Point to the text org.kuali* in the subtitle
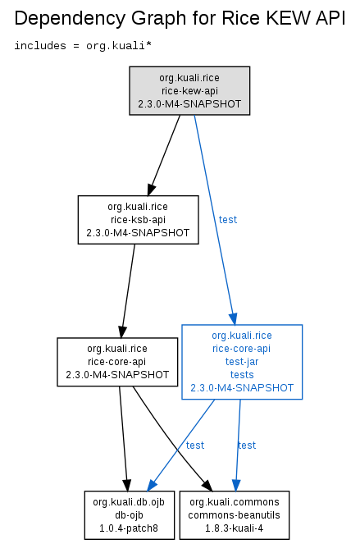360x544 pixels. point(119,46)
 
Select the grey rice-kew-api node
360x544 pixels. point(189,90)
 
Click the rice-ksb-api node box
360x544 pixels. point(138,220)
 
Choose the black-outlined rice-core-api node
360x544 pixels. point(117,362)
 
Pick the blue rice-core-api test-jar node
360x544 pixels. point(242,362)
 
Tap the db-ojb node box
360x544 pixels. point(129,515)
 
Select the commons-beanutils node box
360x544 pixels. point(234,515)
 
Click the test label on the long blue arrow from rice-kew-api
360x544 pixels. point(228,220)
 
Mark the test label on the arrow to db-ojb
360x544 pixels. point(195,445)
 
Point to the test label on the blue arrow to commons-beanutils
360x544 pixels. point(247,445)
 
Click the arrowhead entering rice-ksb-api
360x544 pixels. point(151,190)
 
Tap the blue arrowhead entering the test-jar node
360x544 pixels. point(233,318)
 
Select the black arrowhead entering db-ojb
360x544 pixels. point(127,485)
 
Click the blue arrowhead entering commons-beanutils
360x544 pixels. point(236,485)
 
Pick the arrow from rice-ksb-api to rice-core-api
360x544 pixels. point(128,290)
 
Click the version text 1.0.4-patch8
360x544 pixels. point(129,528)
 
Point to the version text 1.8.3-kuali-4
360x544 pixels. point(234,528)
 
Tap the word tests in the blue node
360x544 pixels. point(242,375)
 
